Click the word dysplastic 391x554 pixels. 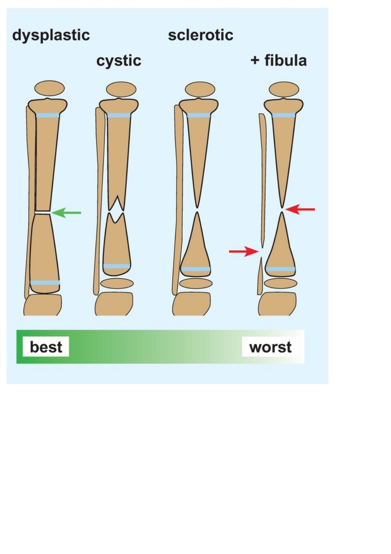pos(51,36)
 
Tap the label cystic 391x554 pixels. pos(119,61)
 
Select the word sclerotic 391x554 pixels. pos(201,35)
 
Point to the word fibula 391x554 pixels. pos(286,60)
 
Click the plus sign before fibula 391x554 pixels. pos(255,61)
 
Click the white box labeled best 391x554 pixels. pos(46,346)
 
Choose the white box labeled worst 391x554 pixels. pos(270,346)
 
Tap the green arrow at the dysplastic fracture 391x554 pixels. pos(66,213)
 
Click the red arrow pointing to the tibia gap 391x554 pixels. pos(300,209)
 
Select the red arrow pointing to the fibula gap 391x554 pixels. pos(244,252)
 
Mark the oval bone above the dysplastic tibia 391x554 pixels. pos(50,88)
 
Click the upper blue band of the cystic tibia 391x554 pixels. pos(119,115)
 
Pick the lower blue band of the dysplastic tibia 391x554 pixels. pos(45,283)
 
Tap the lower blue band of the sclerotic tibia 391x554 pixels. pos(196,269)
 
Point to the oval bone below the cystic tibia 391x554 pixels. pos(117,284)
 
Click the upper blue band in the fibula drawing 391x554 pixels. pos(284,115)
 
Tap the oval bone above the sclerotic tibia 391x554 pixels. pos(200,89)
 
